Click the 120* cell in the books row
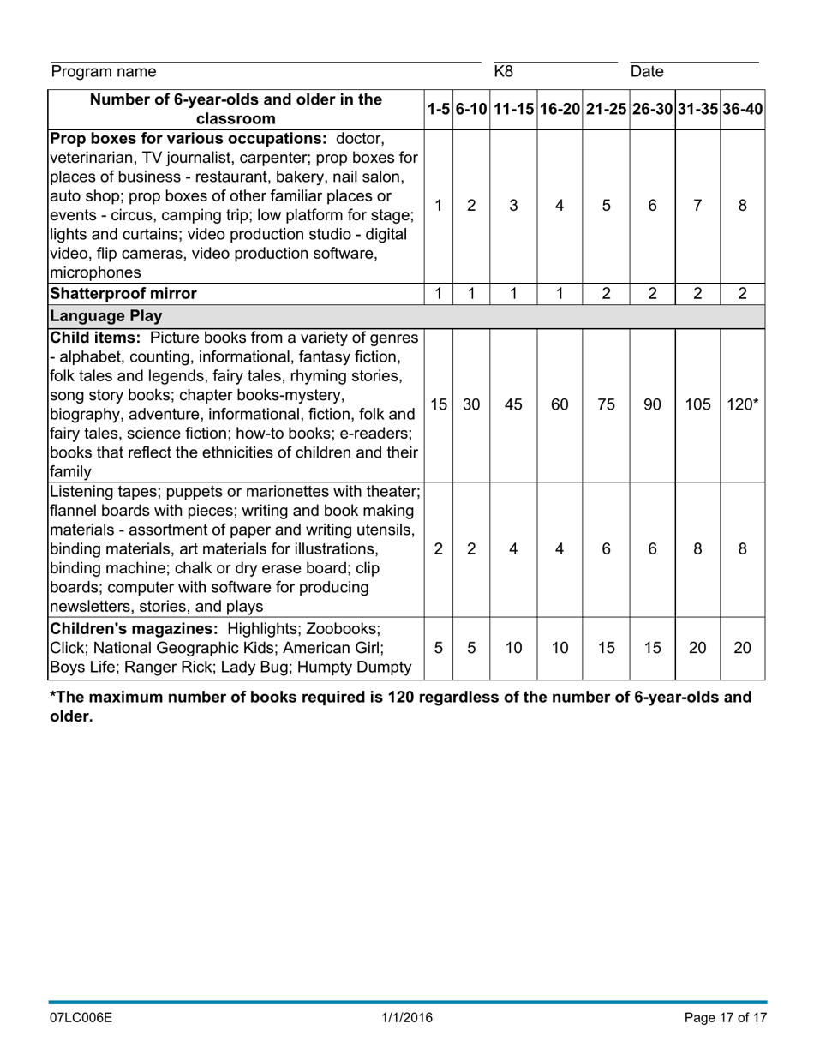pos(742,404)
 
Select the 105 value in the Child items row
pos(697,404)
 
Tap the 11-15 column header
pos(513,110)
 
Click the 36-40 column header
pos(742,110)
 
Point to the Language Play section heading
pos(106,315)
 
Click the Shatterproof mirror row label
pos(123,294)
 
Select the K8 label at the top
pos(504,71)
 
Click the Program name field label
pos(104,71)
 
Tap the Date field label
pos(647,71)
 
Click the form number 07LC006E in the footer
pos(81,1018)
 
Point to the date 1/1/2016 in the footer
pos(407,1018)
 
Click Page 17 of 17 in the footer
pos(725,1018)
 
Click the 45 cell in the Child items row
pos(513,404)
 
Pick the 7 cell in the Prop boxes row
pos(697,206)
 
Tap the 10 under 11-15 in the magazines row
pos(513,648)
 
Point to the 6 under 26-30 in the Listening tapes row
pos(652,549)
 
